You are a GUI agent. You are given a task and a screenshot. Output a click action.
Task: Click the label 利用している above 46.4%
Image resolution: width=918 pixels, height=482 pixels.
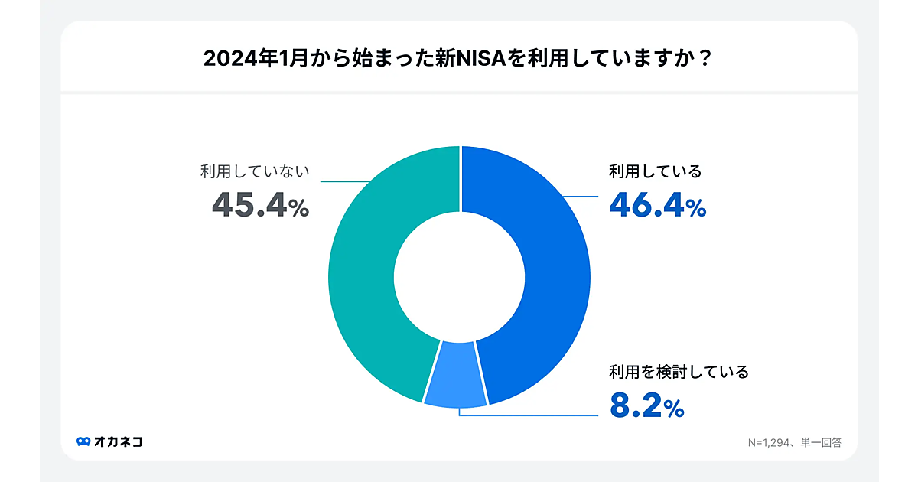655,171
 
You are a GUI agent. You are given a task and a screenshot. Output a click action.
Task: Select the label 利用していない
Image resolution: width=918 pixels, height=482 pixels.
255,171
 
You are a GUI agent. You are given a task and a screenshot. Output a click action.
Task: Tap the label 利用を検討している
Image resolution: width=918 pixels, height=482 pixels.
678,373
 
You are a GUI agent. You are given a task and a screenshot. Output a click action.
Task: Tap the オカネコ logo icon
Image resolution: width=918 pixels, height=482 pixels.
83,441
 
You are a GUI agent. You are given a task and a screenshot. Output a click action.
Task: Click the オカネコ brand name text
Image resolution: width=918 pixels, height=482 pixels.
119,441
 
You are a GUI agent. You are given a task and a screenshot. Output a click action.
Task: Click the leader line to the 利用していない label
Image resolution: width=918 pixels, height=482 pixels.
344,181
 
